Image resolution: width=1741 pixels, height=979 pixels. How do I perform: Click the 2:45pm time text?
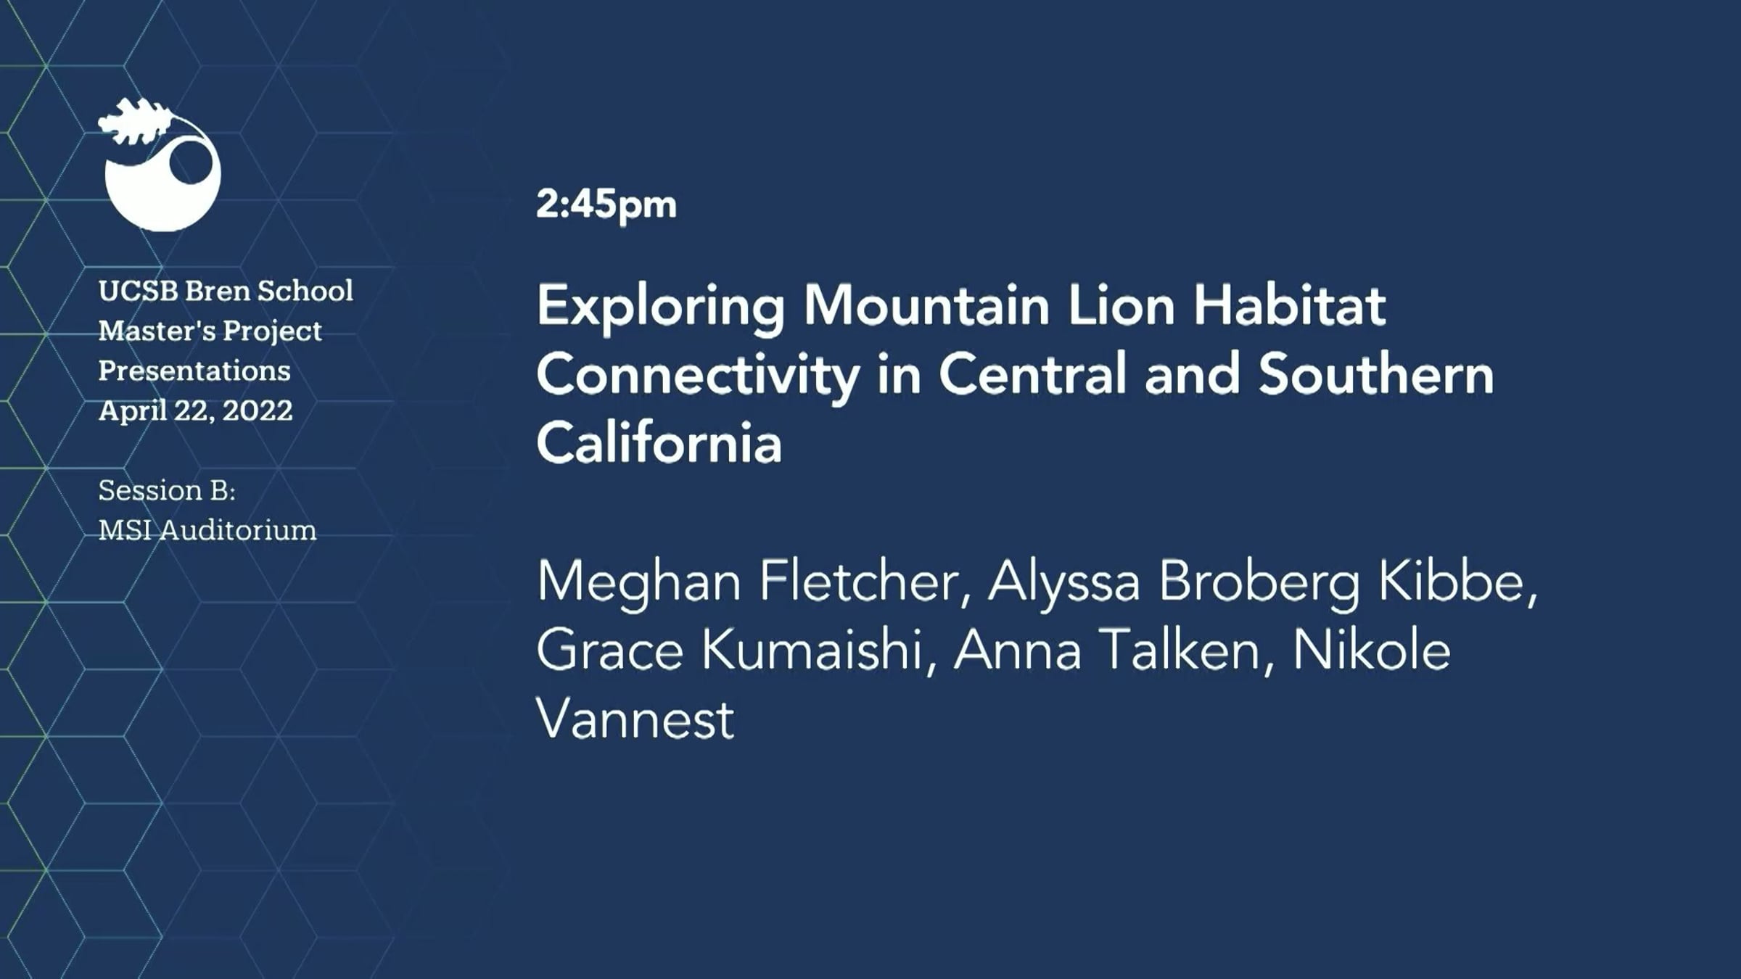coord(606,205)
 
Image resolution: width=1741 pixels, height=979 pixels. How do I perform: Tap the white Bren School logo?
coord(160,165)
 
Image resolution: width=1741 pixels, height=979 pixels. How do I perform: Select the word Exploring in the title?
coord(661,307)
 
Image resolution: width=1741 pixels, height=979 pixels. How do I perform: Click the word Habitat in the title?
coord(1290,305)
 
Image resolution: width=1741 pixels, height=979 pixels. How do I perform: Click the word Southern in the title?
coord(1376,374)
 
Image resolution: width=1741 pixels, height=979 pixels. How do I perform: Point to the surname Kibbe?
coord(1457,582)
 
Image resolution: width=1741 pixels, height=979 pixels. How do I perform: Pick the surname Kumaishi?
coord(818,650)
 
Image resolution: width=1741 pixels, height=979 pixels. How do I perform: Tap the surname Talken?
coord(1189,650)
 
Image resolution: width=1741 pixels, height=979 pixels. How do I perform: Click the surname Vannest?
coord(635,719)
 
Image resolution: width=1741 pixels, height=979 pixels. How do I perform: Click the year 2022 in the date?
coord(258,410)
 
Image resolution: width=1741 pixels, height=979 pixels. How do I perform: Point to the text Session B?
coord(167,490)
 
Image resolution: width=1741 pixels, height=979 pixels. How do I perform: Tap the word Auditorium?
coord(238,530)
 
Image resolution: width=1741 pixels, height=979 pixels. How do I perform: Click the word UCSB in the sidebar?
coord(139,291)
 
